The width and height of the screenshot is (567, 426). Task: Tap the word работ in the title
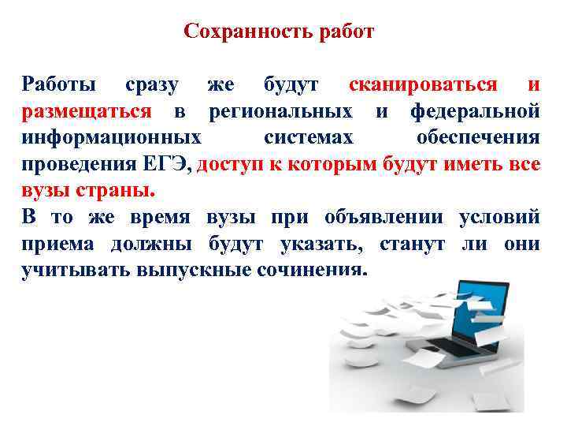point(344,32)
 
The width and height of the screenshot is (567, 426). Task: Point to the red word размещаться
point(86,110)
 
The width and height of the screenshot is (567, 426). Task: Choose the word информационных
point(111,137)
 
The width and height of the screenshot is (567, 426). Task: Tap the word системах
point(309,137)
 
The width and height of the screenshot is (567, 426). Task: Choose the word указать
point(321,245)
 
